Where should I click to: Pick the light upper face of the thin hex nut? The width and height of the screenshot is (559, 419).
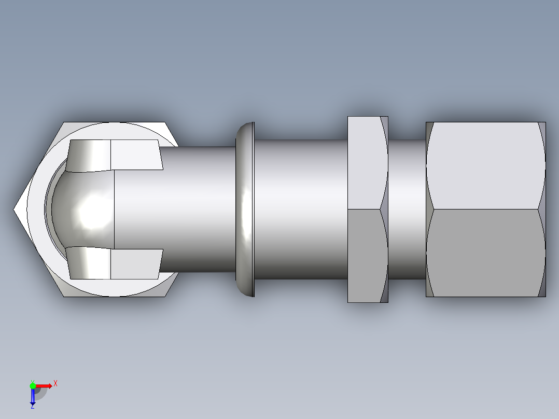[366, 163]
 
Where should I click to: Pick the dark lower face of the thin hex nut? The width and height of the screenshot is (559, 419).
[366, 256]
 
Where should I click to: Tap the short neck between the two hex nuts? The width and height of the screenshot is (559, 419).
[407, 209]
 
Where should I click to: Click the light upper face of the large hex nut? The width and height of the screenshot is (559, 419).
[485, 166]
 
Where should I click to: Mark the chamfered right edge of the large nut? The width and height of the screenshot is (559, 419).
[542, 209]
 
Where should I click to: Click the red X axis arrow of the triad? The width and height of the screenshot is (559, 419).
[46, 385]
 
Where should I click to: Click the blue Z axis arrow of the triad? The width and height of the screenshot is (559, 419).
[33, 397]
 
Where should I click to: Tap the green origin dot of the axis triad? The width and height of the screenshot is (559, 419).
[33, 385]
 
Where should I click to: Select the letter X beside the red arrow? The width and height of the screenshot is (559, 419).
[55, 383]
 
